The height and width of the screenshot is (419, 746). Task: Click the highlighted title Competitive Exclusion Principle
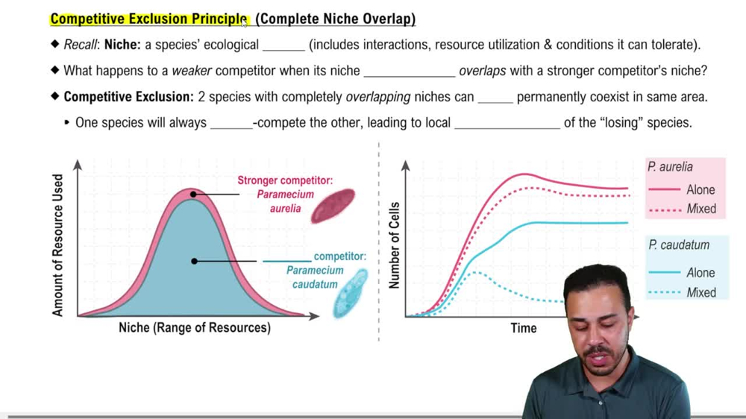tap(148, 19)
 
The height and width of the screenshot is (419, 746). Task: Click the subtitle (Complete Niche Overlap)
tap(335, 19)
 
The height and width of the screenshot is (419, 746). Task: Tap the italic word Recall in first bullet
tap(81, 45)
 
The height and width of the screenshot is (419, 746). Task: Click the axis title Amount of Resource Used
tap(58, 245)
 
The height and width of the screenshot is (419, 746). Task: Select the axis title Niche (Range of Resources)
tap(195, 328)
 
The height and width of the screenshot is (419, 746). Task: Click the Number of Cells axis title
tap(395, 245)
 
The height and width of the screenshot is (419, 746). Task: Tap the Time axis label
tap(523, 328)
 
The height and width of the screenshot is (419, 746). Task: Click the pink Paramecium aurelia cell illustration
tap(333, 205)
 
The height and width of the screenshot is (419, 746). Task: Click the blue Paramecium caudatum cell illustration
tap(350, 293)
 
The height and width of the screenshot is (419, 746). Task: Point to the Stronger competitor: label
tap(285, 180)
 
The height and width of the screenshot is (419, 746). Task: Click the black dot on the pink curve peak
tap(193, 194)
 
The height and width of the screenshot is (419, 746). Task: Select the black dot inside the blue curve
tap(194, 261)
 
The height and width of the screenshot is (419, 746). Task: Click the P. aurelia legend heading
tap(671, 168)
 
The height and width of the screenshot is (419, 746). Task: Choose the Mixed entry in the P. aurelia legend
tap(700, 209)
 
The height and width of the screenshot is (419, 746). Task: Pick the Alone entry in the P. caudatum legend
tap(700, 273)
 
